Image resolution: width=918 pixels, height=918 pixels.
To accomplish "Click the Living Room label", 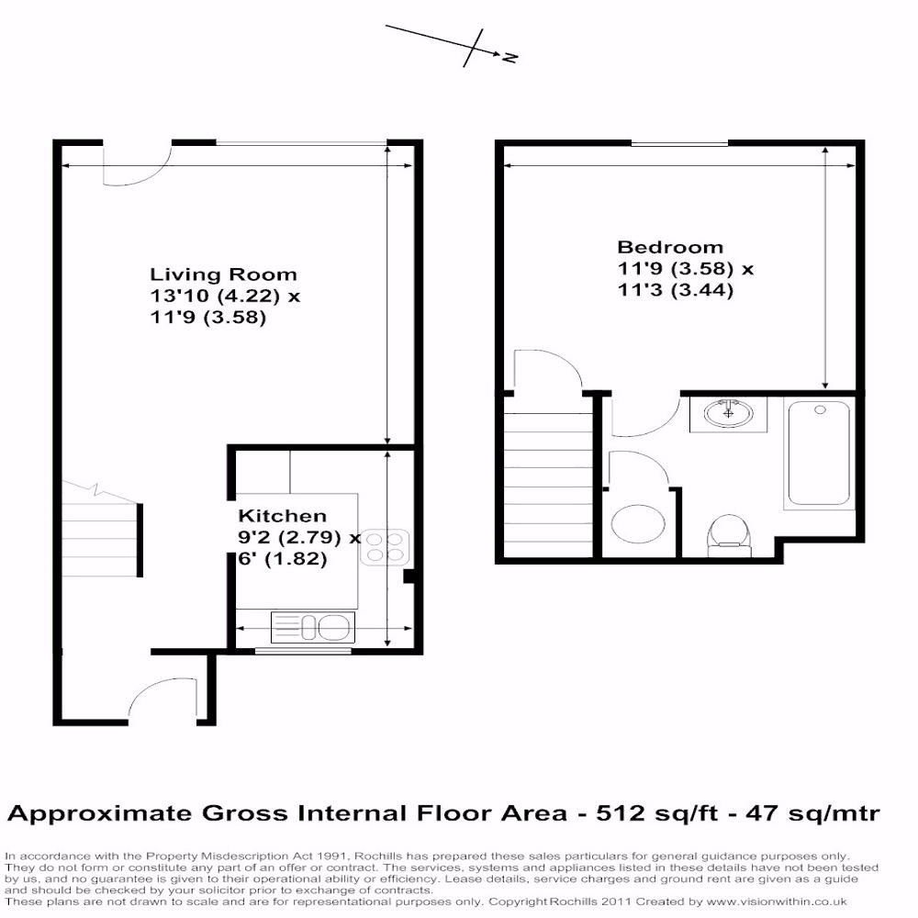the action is pyautogui.click(x=223, y=274).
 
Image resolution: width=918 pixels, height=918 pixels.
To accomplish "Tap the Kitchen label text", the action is pyautogui.click(x=282, y=516).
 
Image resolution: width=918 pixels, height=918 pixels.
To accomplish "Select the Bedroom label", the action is pyautogui.click(x=670, y=247).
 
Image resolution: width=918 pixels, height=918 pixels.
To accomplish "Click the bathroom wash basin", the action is pyautogui.click(x=728, y=414).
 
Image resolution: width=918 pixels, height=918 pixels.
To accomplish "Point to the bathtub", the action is pyautogui.click(x=819, y=453).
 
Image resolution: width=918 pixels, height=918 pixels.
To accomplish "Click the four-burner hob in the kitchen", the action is pyautogui.click(x=385, y=547).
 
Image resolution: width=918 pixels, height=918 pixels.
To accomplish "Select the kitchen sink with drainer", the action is pyautogui.click(x=313, y=627).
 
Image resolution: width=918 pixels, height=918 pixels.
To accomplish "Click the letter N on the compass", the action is pyautogui.click(x=509, y=57).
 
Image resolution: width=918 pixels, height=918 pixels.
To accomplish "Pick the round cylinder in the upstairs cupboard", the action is pyautogui.click(x=638, y=523).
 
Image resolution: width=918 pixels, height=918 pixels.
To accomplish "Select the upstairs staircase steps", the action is pyautogui.click(x=548, y=485).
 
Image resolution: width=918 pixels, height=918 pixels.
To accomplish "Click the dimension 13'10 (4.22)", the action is pyautogui.click(x=214, y=296).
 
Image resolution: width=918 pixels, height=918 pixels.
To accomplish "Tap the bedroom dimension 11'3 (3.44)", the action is pyautogui.click(x=676, y=290).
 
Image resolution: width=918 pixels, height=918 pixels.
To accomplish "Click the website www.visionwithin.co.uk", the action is pyautogui.click(x=777, y=902).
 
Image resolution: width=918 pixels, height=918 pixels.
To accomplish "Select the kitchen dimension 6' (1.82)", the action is pyautogui.click(x=282, y=558).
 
